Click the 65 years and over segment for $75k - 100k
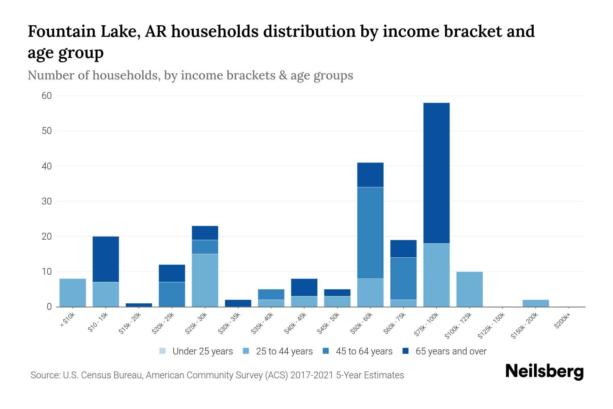click(436, 173)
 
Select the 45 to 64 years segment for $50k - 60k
click(370, 233)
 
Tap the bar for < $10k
click(73, 293)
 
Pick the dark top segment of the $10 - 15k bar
click(106, 259)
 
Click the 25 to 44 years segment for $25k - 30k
click(205, 280)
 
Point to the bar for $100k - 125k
click(469, 289)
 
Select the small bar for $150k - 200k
click(535, 303)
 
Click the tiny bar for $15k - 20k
click(139, 305)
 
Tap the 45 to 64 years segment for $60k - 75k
click(403, 278)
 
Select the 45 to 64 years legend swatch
click(326, 351)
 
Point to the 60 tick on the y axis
click(47, 96)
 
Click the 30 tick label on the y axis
click(47, 201)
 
